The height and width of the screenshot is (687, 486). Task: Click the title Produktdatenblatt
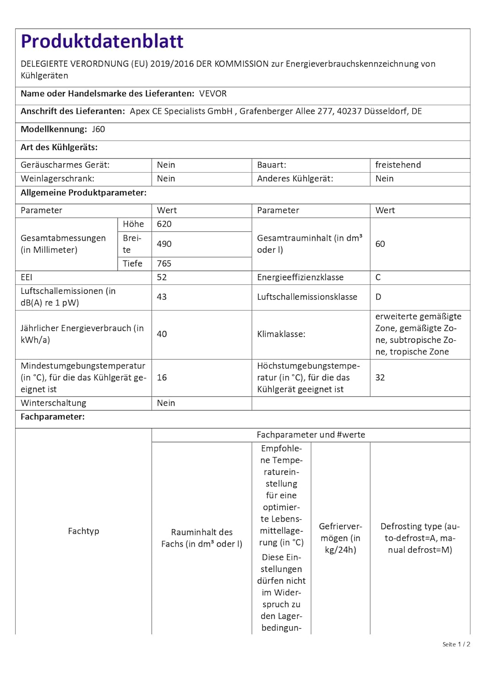(x=102, y=41)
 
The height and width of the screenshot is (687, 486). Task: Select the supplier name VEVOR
(x=213, y=93)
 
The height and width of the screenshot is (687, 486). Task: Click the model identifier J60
(x=98, y=129)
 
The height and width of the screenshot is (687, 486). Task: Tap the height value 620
(x=164, y=224)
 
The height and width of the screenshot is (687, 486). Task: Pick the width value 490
(x=164, y=244)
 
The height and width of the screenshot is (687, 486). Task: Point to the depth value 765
(x=164, y=263)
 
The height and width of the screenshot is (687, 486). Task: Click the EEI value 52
(x=162, y=277)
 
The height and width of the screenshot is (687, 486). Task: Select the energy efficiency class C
(x=378, y=277)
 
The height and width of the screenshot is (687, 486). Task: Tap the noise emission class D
(x=378, y=297)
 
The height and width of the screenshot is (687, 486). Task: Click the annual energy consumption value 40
(x=162, y=334)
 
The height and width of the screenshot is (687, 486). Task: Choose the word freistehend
(x=398, y=165)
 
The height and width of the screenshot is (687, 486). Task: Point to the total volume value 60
(x=380, y=244)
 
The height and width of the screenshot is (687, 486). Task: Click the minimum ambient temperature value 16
(x=162, y=377)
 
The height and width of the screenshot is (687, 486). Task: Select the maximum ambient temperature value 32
(x=380, y=377)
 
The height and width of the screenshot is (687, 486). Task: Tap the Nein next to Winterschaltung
(x=166, y=403)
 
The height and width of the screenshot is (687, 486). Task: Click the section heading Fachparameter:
(x=53, y=417)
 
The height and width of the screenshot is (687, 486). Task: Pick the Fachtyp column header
(x=83, y=531)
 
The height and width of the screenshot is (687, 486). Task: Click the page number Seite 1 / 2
(x=456, y=644)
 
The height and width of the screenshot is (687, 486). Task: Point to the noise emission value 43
(x=162, y=297)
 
